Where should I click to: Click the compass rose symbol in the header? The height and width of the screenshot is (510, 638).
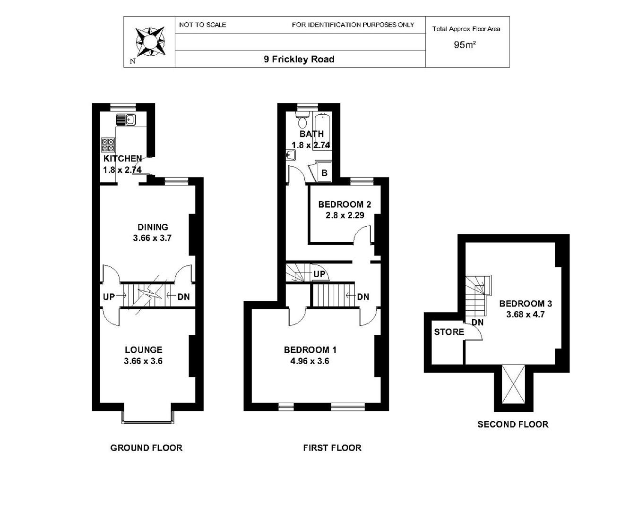[150, 42]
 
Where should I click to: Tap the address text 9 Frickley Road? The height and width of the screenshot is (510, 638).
[299, 59]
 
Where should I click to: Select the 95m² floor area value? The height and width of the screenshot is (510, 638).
[465, 45]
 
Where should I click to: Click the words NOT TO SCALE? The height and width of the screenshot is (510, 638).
[202, 25]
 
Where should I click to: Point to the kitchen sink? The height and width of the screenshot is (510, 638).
[126, 120]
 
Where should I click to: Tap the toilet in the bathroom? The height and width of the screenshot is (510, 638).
[302, 121]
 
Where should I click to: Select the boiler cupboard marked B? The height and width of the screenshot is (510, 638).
[324, 173]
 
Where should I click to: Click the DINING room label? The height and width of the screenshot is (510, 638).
[153, 227]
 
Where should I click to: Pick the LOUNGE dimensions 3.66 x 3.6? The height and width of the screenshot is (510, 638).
[143, 361]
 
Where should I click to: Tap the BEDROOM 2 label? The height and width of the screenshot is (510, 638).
[345, 204]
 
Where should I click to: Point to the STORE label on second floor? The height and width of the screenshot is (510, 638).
[449, 332]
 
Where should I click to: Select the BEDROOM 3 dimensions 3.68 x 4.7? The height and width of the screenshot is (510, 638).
[526, 314]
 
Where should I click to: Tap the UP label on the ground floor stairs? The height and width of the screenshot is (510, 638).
[109, 297]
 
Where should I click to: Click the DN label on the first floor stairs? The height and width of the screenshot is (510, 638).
[363, 297]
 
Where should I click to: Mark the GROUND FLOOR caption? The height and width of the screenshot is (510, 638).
[146, 448]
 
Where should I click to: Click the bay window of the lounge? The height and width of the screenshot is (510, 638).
[148, 418]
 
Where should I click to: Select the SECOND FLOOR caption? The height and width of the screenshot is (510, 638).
[513, 424]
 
